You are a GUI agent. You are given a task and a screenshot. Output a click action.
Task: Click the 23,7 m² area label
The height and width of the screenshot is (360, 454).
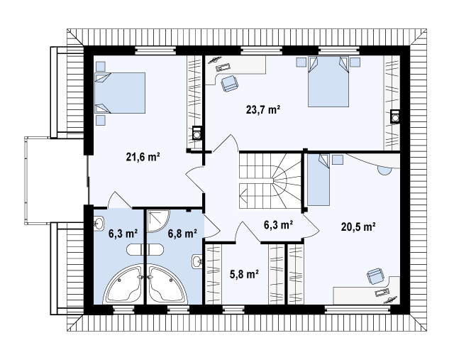pos(263,110)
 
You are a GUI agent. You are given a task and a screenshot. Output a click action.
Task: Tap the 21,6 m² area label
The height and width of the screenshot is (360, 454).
pos(143,157)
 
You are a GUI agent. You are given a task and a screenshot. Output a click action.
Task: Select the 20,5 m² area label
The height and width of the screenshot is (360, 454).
pos(358,227)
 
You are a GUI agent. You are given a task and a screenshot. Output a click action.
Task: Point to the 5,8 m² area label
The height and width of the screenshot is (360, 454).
pos(244,274)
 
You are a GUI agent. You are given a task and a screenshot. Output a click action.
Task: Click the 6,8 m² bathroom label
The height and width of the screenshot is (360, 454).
pos(182,234)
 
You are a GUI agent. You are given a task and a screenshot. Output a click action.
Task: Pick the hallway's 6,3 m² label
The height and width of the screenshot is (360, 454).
pos(278,224)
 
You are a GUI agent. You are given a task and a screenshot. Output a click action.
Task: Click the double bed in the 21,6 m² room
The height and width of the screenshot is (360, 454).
pos(120,93)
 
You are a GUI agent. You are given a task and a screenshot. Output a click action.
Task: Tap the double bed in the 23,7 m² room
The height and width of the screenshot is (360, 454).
pos(328,82)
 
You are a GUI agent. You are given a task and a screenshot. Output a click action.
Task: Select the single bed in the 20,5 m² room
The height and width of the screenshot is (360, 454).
pos(319,180)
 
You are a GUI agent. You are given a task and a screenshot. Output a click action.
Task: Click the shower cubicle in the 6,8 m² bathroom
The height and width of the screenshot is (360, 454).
pos(158,221)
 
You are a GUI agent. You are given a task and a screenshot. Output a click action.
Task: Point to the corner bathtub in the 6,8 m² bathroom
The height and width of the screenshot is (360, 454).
pos(167,284)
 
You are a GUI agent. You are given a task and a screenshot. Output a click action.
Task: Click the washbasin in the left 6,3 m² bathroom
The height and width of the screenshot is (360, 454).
pos(99,224)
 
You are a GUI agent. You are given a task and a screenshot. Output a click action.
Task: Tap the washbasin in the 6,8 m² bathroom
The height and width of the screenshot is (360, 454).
pos(197,262)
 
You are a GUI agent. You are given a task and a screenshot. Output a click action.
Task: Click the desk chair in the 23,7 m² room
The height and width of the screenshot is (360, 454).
pos(230,84)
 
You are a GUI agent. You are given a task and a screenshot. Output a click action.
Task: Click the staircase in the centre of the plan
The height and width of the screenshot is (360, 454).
pos(270,180)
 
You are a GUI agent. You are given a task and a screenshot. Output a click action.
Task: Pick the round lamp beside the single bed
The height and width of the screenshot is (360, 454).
pos(384,170)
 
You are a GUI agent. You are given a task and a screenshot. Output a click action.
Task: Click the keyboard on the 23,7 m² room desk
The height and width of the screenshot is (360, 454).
pos(223,67)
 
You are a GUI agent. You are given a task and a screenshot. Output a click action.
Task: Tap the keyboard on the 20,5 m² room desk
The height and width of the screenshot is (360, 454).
pos(382,292)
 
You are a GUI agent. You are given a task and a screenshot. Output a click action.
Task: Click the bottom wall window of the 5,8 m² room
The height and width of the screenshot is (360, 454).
pos(233,310)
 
